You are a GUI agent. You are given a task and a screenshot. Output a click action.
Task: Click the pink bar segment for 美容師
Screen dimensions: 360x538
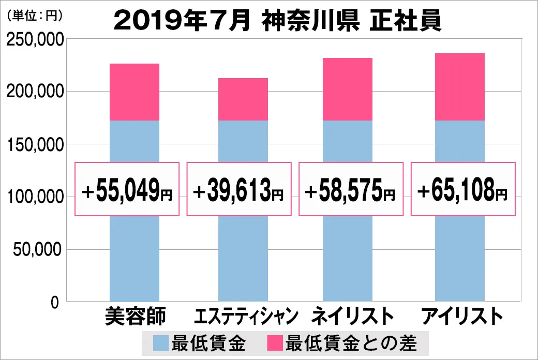134,92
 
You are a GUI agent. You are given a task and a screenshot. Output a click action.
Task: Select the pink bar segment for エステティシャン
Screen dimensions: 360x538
243,99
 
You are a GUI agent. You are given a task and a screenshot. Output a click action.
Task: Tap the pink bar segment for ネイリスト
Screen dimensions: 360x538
347,89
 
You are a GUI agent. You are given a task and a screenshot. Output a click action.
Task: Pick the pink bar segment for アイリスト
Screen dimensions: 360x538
460,87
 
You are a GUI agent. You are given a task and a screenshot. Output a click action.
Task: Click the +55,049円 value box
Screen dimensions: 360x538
127,189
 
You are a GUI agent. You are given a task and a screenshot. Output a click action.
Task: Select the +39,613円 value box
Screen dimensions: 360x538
238,189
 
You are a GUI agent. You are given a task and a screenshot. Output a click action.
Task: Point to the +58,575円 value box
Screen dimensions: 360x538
351,189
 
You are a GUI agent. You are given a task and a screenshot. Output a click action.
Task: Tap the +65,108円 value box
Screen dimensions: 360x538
463,189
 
